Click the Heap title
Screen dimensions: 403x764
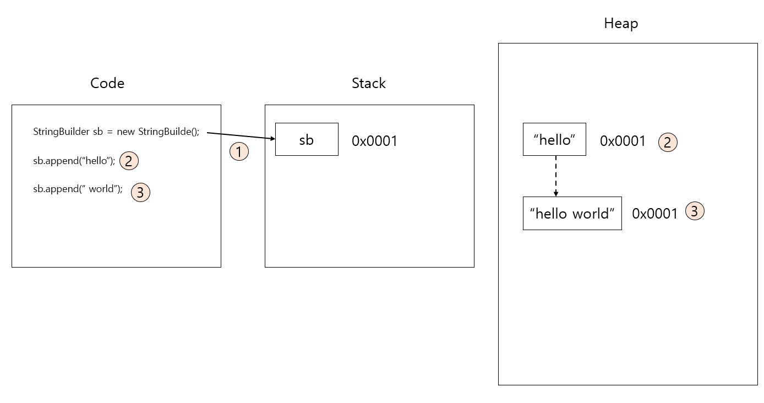click(621, 24)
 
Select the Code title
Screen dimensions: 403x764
click(107, 83)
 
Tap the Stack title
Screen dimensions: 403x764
click(369, 83)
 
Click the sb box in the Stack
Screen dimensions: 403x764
click(307, 140)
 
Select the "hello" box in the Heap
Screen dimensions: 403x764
click(554, 140)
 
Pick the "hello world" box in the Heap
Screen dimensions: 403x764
click(572, 214)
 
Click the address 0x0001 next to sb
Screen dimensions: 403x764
click(374, 141)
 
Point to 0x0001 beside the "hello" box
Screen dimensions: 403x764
click(623, 141)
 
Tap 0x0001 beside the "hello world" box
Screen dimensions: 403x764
click(654, 214)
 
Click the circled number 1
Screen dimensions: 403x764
click(239, 151)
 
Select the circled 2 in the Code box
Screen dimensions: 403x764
click(129, 161)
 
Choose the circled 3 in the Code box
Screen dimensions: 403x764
click(140, 192)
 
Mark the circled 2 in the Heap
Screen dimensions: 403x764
click(668, 143)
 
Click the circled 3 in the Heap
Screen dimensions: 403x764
click(695, 211)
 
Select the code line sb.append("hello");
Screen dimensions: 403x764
click(74, 161)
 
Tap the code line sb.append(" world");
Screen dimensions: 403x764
click(78, 189)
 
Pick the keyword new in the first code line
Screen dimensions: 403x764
click(126, 132)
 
